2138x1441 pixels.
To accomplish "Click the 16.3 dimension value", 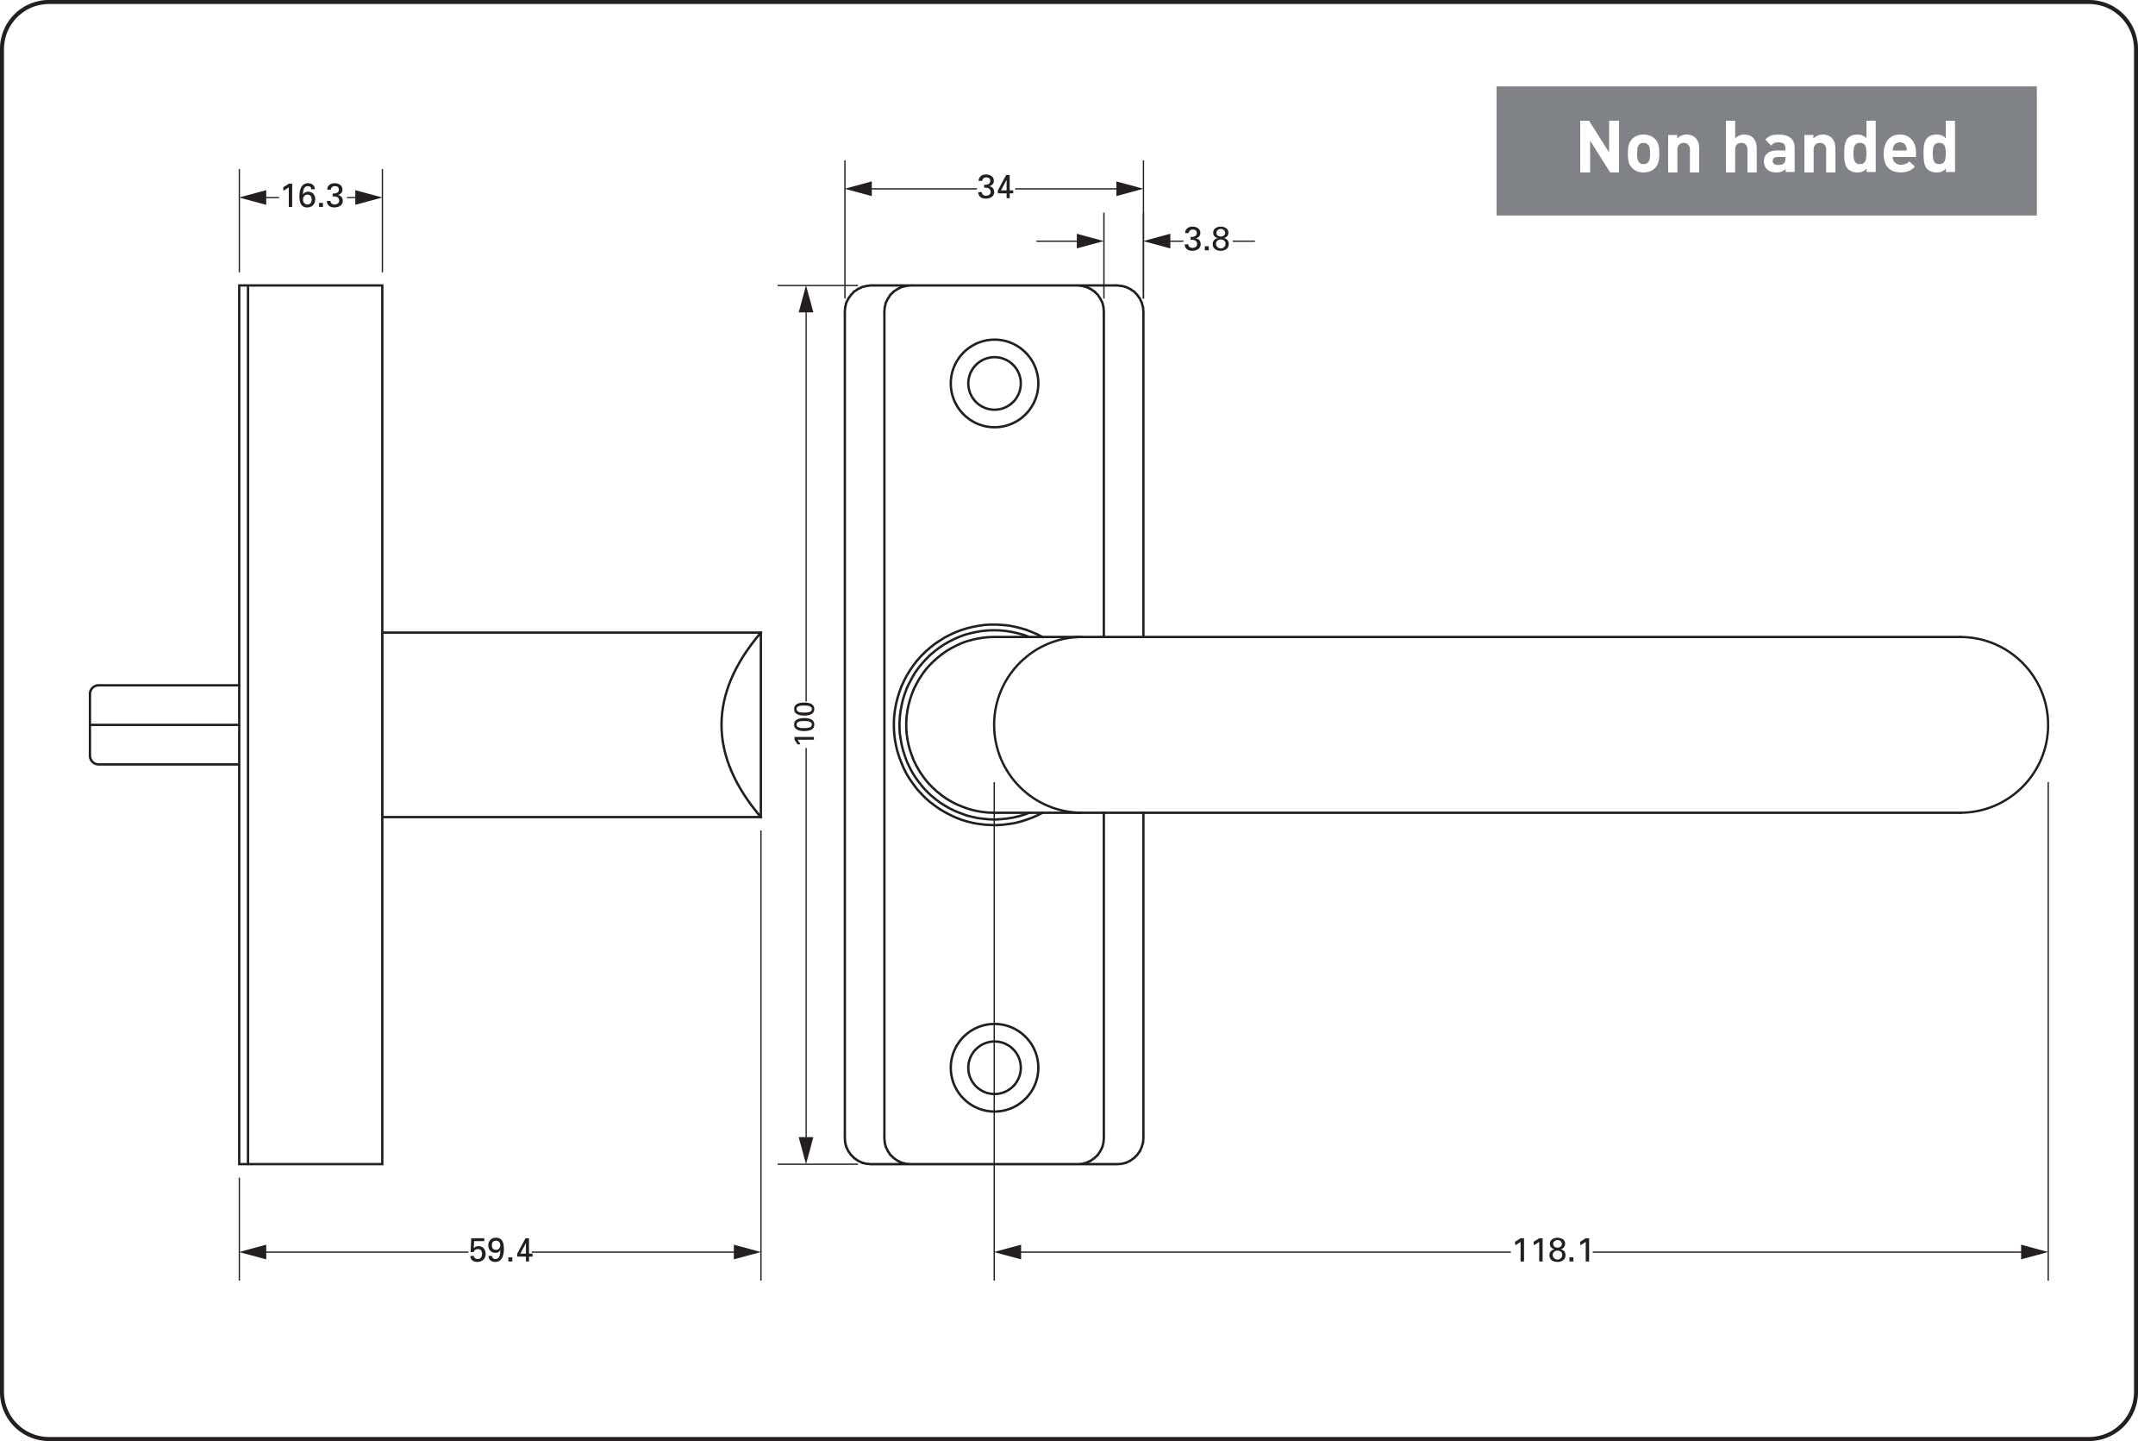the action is tap(312, 197).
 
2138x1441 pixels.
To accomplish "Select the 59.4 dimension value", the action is tap(501, 1250).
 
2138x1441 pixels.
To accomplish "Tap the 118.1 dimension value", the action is tap(1553, 1250).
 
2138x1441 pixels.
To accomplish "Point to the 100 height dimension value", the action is tap(805, 723).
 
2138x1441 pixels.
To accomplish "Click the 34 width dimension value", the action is tap(995, 187).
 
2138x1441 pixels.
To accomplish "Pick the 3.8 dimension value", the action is tap(1206, 240).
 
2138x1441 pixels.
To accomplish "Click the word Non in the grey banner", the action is tap(1639, 147).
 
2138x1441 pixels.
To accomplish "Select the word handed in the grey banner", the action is tap(1841, 147).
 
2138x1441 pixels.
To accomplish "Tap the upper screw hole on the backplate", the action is tap(994, 383).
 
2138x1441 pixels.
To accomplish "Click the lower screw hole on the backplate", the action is tap(994, 1068).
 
